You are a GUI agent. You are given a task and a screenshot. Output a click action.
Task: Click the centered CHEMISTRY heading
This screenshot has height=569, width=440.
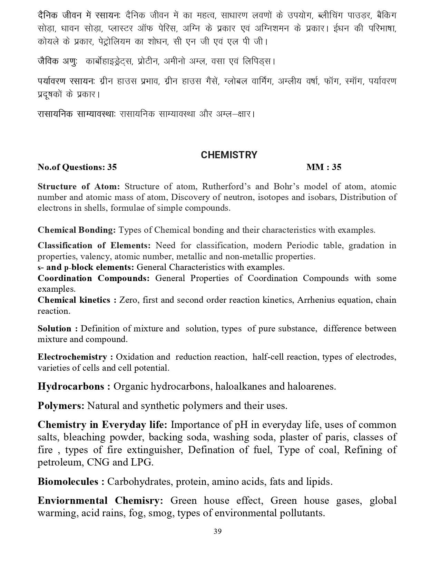click(229, 155)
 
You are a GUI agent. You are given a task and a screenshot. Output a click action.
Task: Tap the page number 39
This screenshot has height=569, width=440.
click(217, 531)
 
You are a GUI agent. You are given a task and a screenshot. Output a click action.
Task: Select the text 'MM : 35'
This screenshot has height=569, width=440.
click(324, 167)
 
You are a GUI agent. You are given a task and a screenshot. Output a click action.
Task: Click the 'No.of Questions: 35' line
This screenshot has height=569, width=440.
click(77, 167)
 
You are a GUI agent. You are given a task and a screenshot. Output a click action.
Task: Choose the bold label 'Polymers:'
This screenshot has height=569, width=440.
click(61, 406)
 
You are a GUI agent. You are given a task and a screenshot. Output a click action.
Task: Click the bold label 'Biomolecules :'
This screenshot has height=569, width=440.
click(71, 481)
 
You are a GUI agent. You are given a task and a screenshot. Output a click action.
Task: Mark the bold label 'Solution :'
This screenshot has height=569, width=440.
click(57, 329)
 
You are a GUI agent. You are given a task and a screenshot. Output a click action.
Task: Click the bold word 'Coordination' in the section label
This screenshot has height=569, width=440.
click(65, 278)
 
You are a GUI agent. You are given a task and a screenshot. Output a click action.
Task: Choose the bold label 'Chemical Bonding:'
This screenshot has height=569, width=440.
click(76, 230)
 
